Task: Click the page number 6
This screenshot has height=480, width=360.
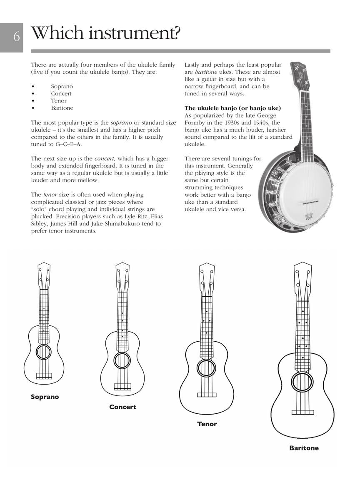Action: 16,37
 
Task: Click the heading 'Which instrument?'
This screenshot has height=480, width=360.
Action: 106,33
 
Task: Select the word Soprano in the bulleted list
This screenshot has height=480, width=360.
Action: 62,86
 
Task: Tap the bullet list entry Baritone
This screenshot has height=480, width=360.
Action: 62,108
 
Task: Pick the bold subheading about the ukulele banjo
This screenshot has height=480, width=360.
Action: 232,108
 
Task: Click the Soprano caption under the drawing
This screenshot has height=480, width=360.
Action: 45,397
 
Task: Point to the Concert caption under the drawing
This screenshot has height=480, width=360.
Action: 122,407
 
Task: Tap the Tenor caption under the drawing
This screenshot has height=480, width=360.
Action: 207,424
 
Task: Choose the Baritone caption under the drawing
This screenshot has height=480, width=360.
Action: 304,448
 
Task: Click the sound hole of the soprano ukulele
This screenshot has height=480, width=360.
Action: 44,352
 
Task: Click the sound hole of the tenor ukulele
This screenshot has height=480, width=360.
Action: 206,367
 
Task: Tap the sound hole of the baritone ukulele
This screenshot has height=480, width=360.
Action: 302,381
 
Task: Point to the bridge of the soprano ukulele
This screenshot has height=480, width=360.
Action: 44,376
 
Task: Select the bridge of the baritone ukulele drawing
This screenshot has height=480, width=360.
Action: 302,412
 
